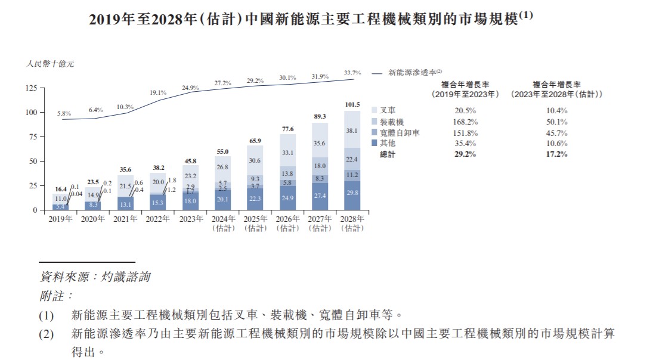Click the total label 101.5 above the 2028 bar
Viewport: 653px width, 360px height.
tap(352, 105)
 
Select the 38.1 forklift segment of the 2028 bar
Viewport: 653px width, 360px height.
tap(352, 131)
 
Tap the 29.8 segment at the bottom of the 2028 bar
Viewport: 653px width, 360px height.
tap(352, 193)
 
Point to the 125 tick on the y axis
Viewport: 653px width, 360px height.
tap(30, 88)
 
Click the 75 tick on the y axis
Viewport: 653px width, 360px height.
tap(32, 136)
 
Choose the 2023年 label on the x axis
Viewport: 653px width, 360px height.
tap(190, 219)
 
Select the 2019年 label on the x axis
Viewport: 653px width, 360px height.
tap(60, 219)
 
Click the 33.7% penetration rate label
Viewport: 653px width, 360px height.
tap(352, 73)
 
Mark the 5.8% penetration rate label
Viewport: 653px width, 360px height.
tap(64, 113)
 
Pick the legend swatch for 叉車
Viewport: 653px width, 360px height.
tap(374, 111)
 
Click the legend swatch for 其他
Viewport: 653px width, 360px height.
tap(374, 143)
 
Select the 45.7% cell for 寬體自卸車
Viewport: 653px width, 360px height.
tap(556, 132)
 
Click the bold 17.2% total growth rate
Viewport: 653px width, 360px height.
tap(556, 154)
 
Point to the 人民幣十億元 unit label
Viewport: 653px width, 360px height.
tap(50, 63)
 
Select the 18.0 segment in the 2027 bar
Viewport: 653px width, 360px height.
tap(320, 166)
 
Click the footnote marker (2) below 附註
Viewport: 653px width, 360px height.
tap(47, 334)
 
